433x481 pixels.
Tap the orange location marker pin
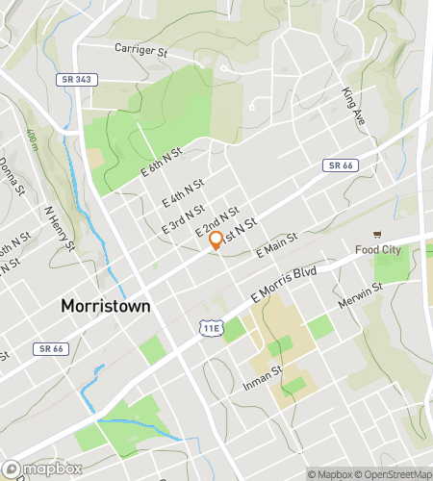point(216,241)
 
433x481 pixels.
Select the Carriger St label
point(141,48)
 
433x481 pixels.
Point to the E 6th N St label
point(162,158)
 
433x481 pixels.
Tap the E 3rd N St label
point(182,218)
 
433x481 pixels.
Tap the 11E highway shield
point(212,329)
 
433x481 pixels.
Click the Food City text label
point(376,251)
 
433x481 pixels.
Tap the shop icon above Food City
point(377,236)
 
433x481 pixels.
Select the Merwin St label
point(361,295)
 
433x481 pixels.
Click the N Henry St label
point(59,225)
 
